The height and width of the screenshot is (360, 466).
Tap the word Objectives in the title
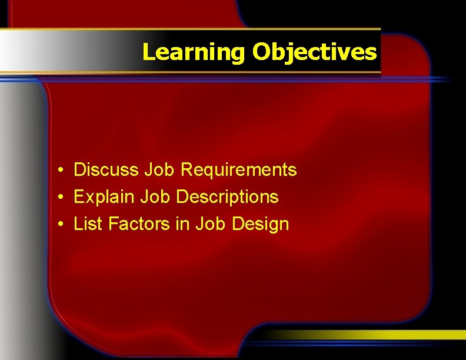click(315, 53)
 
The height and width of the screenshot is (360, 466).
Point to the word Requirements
click(238, 170)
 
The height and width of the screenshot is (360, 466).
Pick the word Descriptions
click(227, 196)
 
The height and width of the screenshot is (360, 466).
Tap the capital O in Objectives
click(261, 53)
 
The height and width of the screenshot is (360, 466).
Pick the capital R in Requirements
click(187, 170)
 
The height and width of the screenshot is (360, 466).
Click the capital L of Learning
click(148, 53)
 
